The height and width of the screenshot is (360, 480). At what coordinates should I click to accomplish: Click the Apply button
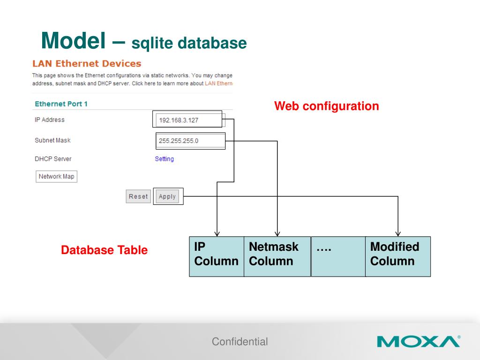(x=167, y=196)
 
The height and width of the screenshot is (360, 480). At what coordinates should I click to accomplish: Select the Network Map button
(x=56, y=176)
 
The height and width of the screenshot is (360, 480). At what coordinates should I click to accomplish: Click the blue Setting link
(x=164, y=159)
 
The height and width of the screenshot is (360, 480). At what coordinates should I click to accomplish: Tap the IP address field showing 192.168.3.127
(x=187, y=120)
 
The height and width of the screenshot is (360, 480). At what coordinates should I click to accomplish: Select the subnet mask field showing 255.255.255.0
(x=190, y=140)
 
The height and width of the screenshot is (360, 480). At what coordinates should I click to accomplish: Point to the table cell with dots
(x=338, y=256)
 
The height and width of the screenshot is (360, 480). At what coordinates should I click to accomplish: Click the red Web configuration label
(x=326, y=106)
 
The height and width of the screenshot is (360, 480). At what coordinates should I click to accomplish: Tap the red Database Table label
(x=104, y=250)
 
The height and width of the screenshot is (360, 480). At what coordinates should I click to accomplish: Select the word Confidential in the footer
(x=240, y=342)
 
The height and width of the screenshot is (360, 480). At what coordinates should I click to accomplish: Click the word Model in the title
(x=73, y=41)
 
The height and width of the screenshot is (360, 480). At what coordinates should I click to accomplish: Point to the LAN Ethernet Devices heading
(x=87, y=63)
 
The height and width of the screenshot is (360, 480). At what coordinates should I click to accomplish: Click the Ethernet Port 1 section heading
(x=61, y=104)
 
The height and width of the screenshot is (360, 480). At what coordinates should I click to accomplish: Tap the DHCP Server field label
(x=53, y=159)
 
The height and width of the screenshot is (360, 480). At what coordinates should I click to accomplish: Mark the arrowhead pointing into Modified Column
(x=398, y=233)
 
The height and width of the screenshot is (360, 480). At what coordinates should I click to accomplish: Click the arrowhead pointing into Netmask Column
(x=277, y=233)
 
